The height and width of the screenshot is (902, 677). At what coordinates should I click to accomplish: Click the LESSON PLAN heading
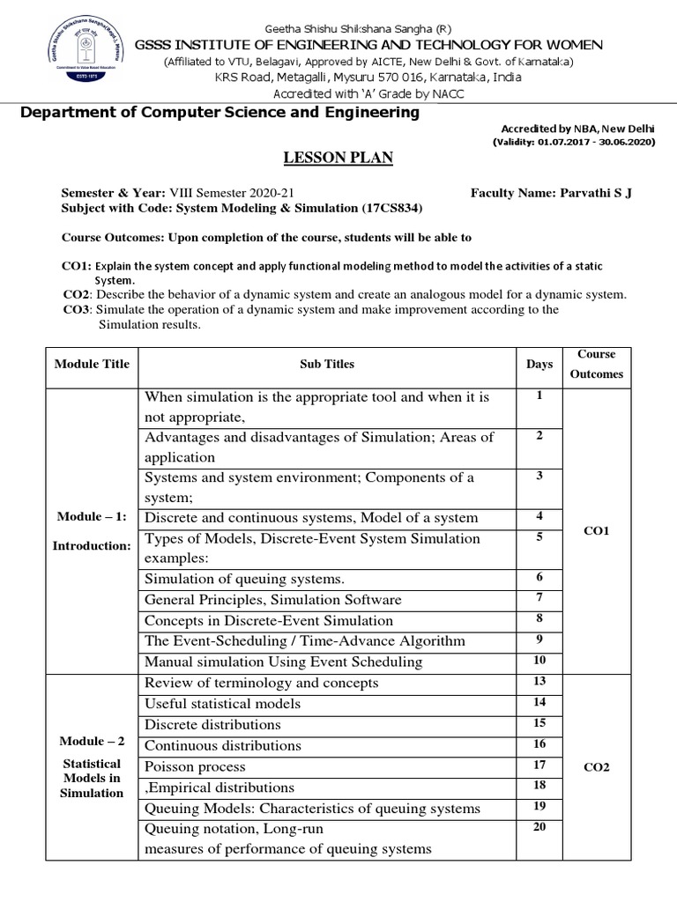point(338,158)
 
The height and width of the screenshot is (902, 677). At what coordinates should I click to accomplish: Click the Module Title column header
point(92,364)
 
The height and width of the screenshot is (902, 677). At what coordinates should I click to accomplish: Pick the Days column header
point(539,364)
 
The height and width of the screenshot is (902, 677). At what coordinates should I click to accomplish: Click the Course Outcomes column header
point(597,364)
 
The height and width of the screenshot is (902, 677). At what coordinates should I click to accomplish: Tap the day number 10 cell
point(539,660)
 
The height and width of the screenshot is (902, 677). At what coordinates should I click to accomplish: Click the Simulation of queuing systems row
point(244,579)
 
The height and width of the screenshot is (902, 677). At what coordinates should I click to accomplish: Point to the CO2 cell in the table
point(597,766)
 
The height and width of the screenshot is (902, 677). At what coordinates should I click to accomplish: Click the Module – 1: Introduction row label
point(92,531)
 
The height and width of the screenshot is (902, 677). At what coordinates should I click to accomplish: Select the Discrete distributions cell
point(212,724)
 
